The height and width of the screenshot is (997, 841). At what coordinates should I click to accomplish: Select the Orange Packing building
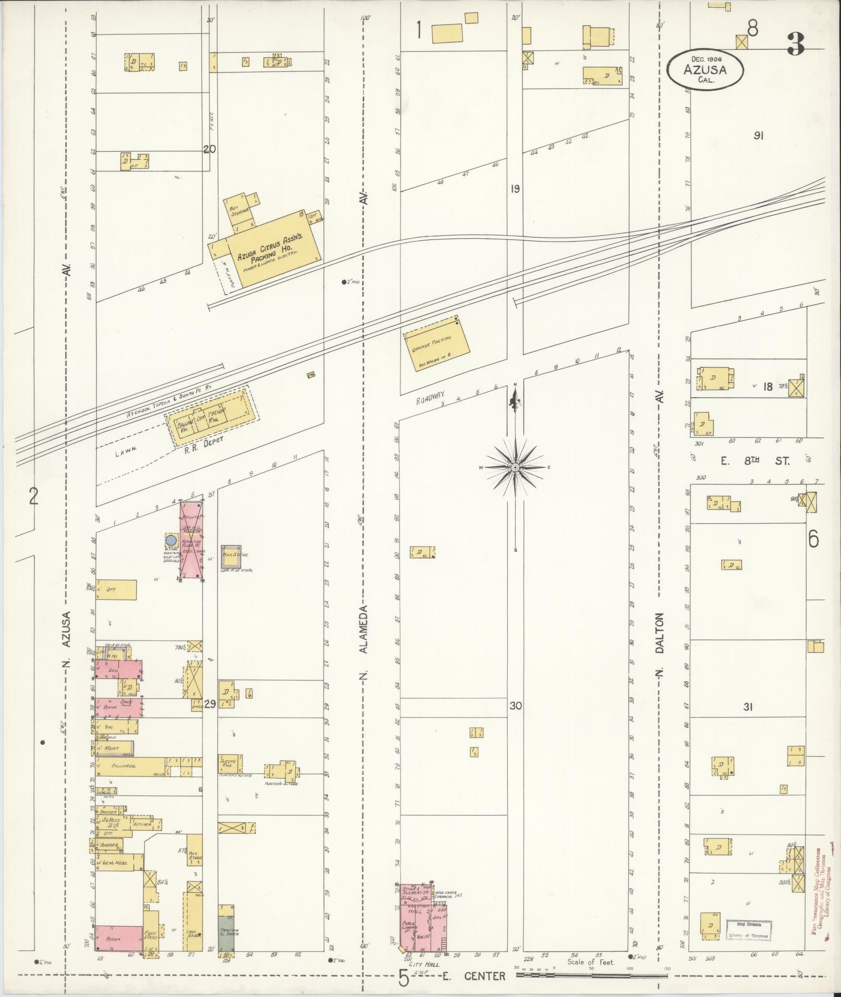(x=436, y=343)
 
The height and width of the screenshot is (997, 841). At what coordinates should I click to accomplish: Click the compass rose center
(x=515, y=467)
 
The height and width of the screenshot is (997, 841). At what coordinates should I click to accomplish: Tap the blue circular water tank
(x=170, y=539)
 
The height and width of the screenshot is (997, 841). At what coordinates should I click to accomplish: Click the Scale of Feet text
(x=591, y=962)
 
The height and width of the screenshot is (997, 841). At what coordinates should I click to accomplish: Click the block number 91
(x=759, y=136)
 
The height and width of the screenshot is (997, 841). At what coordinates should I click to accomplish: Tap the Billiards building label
(x=125, y=766)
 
